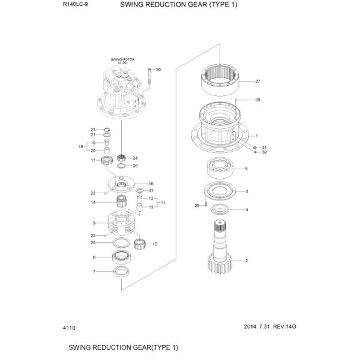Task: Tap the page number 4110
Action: pyautogui.click(x=69, y=328)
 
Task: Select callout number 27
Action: pyautogui.click(x=257, y=81)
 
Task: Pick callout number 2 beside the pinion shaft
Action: pyautogui.click(x=247, y=261)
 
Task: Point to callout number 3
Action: pyautogui.click(x=247, y=192)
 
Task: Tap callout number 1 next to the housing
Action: pyautogui.click(x=256, y=136)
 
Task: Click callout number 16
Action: pyautogui.click(x=151, y=184)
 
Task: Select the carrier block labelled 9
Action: pyautogui.click(x=123, y=223)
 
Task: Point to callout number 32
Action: pyautogui.click(x=264, y=152)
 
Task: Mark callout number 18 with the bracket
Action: pyautogui.click(x=81, y=146)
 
